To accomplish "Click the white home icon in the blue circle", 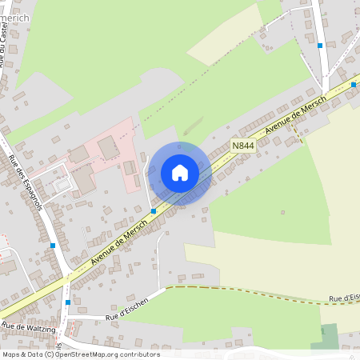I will (x=180, y=172).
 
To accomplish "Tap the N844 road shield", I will (x=243, y=146).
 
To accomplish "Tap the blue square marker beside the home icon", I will (x=153, y=211).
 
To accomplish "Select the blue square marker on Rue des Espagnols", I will (x=53, y=245).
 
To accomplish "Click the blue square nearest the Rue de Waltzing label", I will (x=67, y=302).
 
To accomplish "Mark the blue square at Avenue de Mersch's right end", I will (x=354, y=84).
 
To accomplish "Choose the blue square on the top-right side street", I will (x=320, y=46).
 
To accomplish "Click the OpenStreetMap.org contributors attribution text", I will (x=106, y=354).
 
